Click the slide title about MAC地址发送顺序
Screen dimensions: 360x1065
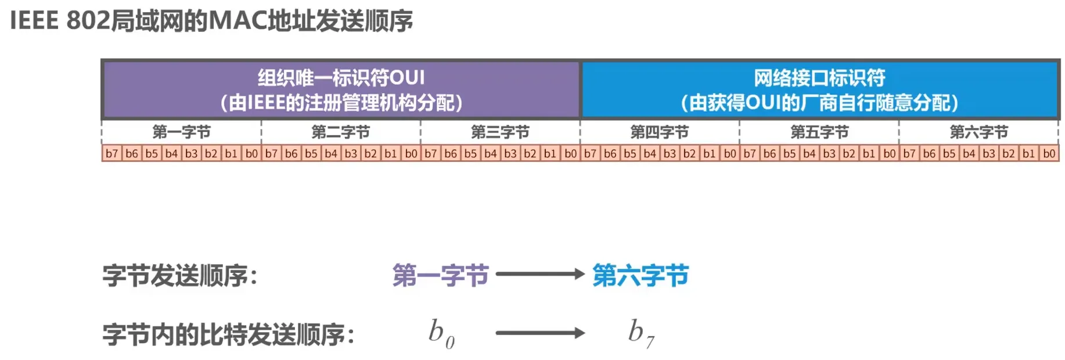coord(211,21)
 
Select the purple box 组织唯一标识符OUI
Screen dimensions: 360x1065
coord(341,90)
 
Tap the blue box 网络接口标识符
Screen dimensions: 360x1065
coord(819,90)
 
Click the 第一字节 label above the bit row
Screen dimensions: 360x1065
coord(181,132)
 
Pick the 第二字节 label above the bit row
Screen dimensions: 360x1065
coord(341,132)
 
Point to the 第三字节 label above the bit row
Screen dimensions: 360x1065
coord(500,132)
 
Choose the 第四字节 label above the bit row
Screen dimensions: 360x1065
coord(660,132)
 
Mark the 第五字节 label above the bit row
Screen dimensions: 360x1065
coord(819,132)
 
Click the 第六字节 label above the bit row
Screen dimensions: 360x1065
coord(978,132)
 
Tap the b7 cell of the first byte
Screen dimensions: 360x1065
coord(112,153)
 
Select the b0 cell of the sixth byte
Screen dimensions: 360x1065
coord(1049,153)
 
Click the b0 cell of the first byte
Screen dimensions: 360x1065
coord(251,153)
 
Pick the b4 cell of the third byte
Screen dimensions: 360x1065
coord(491,153)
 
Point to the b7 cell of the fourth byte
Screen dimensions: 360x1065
coord(591,153)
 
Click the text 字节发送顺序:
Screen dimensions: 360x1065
coord(180,275)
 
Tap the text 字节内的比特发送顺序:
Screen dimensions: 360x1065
coord(229,334)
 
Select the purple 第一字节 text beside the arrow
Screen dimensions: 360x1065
coord(441,275)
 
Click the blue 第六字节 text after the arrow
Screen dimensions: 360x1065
coord(641,275)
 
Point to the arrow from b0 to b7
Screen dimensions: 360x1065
coord(539,333)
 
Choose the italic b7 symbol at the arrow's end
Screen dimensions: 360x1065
coord(641,333)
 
